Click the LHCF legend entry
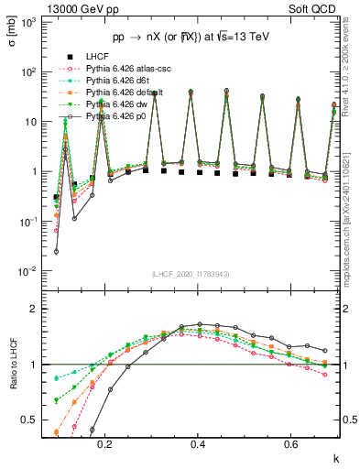tap(98, 57)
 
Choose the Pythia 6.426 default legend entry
tap(121, 93)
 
